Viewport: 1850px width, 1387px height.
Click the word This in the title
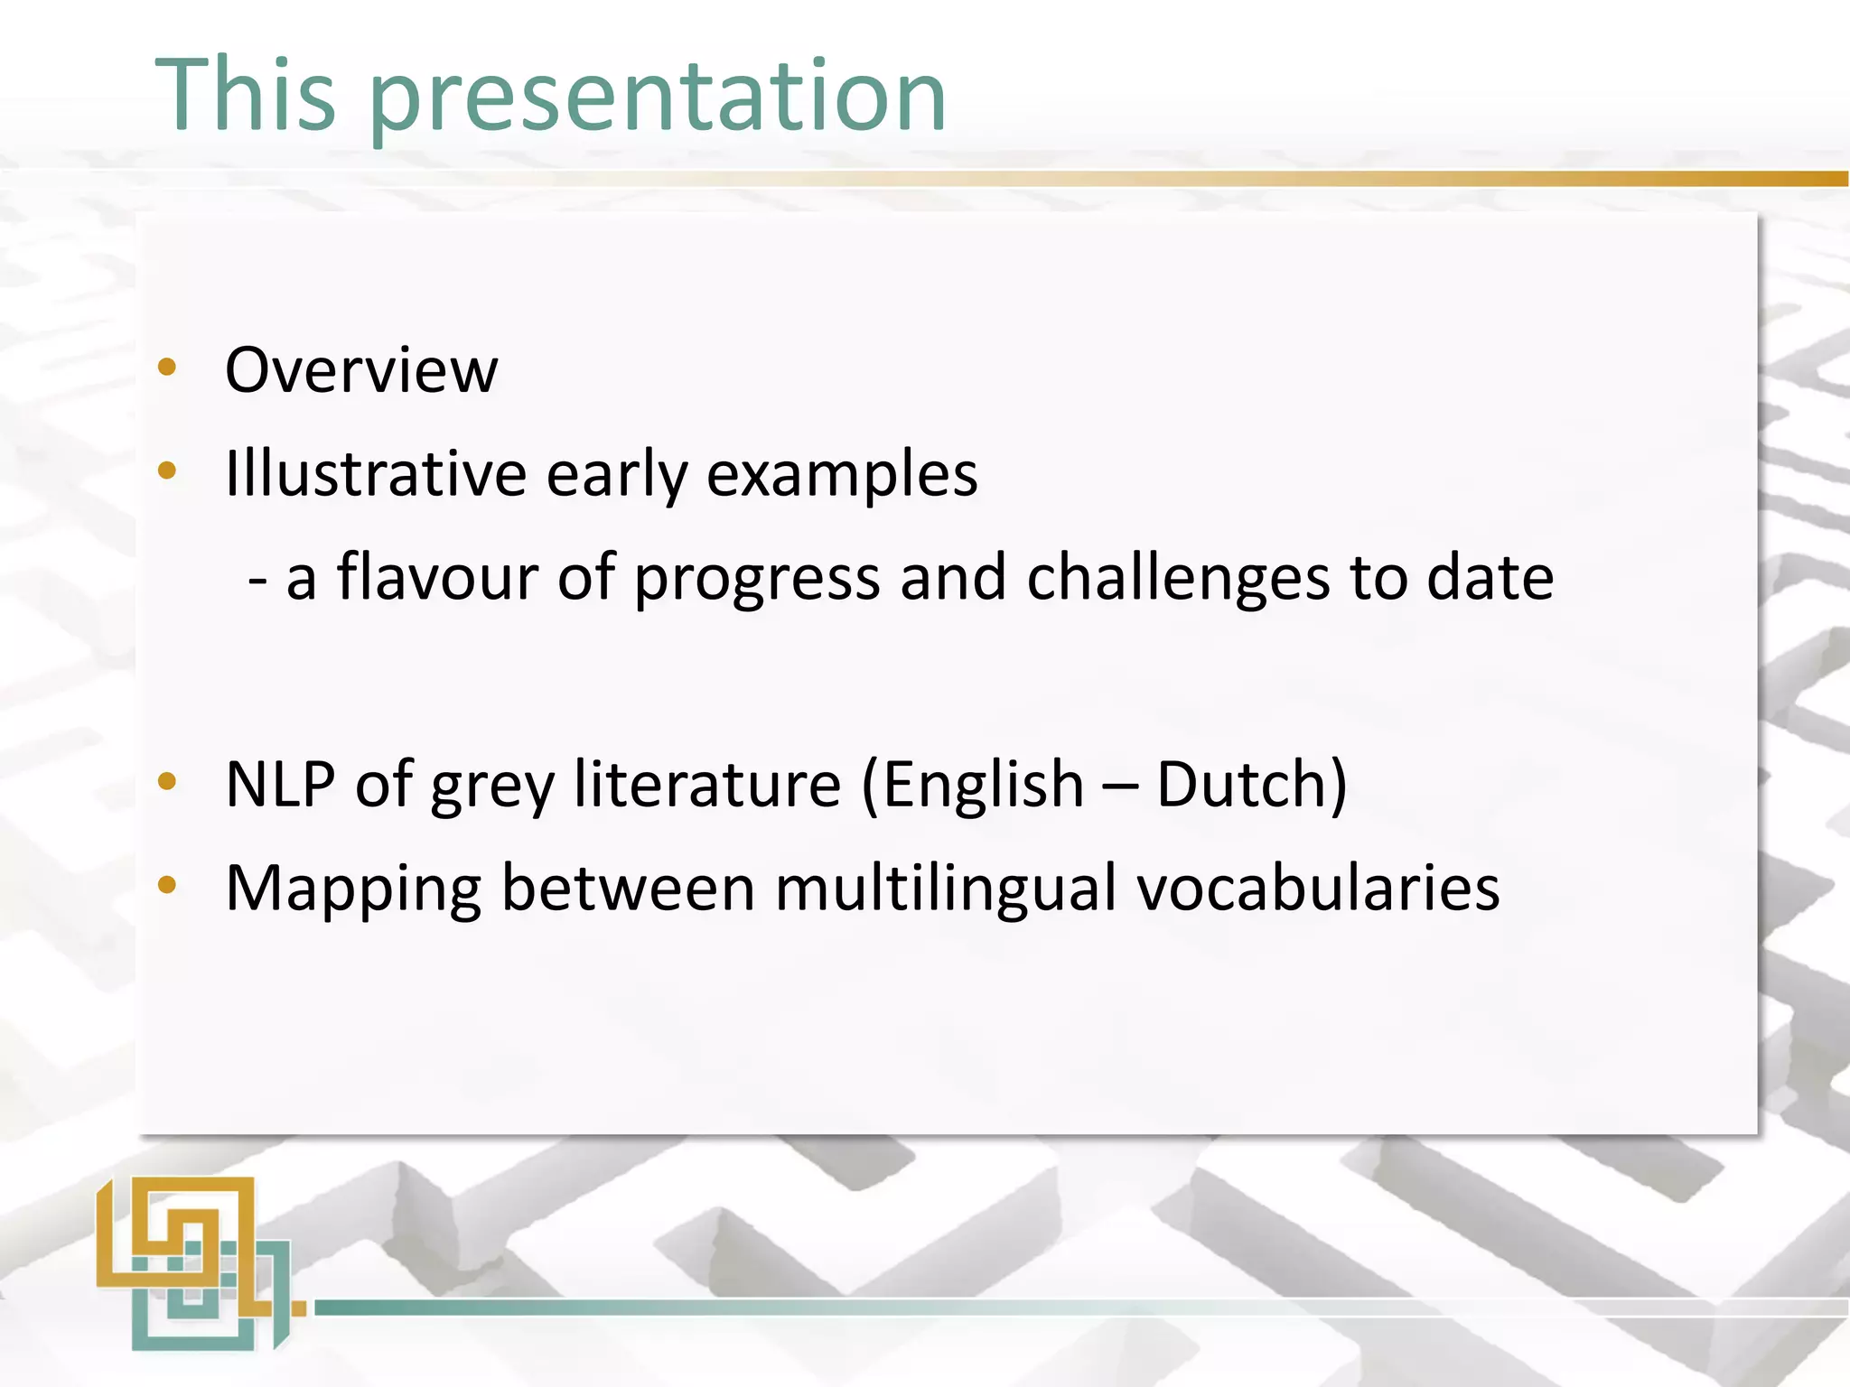tap(246, 94)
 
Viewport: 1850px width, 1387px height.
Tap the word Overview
tap(361, 370)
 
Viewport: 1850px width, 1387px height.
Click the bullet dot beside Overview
tap(167, 368)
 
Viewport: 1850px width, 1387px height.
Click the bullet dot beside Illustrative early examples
tap(167, 470)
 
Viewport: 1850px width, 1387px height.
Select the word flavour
tap(437, 577)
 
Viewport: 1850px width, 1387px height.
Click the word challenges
tap(1178, 578)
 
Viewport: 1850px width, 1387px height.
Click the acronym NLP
tap(280, 784)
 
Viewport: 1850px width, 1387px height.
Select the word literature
tap(707, 784)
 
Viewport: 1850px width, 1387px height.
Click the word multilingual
tap(946, 889)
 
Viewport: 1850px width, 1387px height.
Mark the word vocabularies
tap(1318, 889)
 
